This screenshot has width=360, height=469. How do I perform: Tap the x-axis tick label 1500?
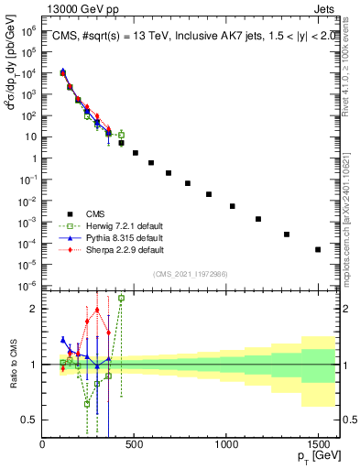tap(318, 444)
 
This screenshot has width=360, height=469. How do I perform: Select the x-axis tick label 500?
tap(134, 444)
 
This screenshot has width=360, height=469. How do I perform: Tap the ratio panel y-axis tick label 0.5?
tap(30, 420)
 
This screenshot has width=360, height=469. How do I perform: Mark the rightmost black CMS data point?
tap(318, 249)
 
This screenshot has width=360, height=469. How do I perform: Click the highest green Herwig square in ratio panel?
tap(122, 298)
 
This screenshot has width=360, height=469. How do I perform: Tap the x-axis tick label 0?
tap(42, 444)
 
